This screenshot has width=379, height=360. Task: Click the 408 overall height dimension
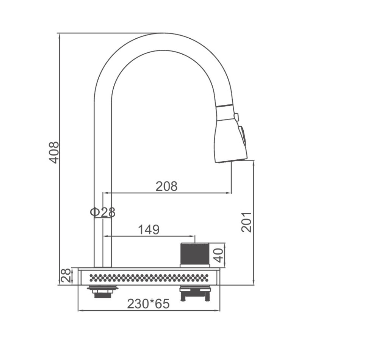(55, 152)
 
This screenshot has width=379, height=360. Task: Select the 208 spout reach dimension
(166, 186)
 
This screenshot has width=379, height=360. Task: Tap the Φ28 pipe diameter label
(103, 212)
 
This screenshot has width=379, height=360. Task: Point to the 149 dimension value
(149, 230)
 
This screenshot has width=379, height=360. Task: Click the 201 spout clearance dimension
(246, 222)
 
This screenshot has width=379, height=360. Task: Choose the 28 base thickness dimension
(66, 276)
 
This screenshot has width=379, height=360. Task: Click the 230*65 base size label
(148, 304)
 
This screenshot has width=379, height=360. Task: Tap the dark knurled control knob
(195, 253)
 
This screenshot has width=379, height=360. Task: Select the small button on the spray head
(236, 116)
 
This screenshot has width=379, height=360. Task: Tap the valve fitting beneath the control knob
(195, 293)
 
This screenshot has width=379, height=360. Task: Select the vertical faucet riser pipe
(103, 171)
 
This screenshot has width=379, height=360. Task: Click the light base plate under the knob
(195, 266)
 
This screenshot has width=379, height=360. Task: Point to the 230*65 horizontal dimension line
(148, 311)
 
